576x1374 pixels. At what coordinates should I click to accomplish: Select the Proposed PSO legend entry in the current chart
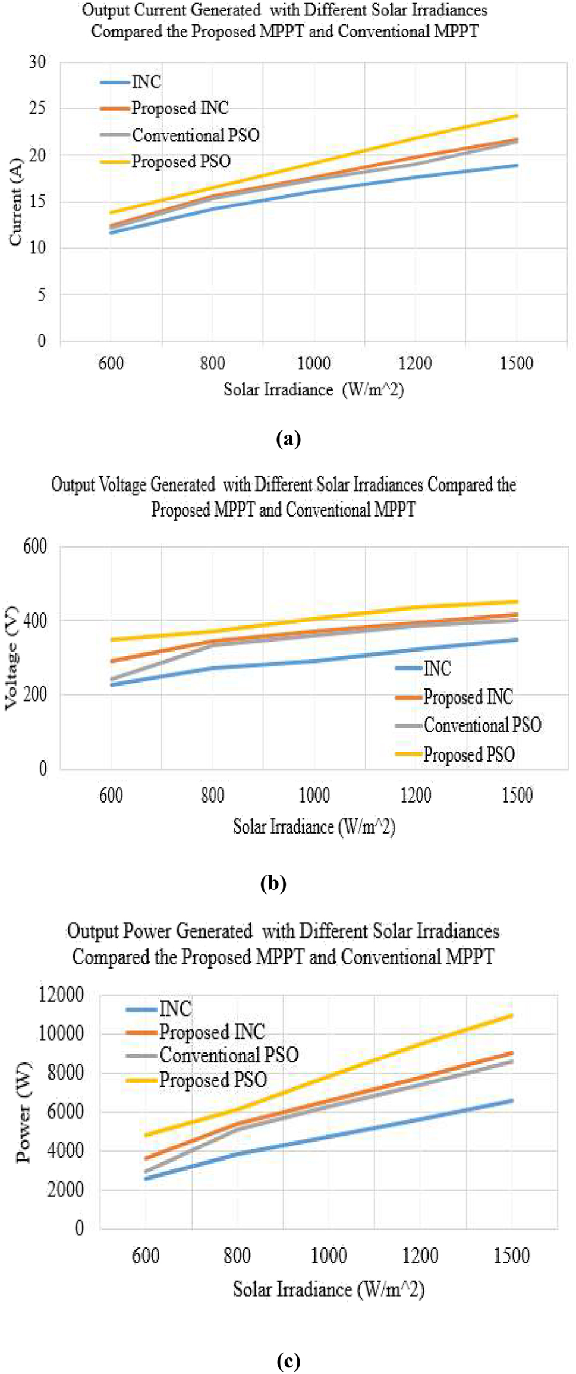pos(181,161)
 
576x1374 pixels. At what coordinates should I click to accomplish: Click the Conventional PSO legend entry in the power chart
pos(228,1055)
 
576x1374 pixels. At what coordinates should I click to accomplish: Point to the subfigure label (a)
pos(288,439)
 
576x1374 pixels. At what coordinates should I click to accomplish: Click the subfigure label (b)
pos(273,883)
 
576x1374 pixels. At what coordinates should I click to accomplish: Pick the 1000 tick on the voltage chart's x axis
pos(314,795)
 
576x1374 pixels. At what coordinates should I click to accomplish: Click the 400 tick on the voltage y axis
pos(35,620)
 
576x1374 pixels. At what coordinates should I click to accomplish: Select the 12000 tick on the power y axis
pos(61,994)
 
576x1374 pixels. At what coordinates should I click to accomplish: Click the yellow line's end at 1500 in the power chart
pos(512,1015)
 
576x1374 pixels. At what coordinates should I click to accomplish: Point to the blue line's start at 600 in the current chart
pos(111,232)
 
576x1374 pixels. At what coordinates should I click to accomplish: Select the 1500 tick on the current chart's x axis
pos(516,363)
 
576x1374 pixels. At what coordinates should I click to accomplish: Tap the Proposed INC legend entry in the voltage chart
pos(467,697)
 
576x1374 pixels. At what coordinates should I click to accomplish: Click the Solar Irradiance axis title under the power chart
pos(328,1289)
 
